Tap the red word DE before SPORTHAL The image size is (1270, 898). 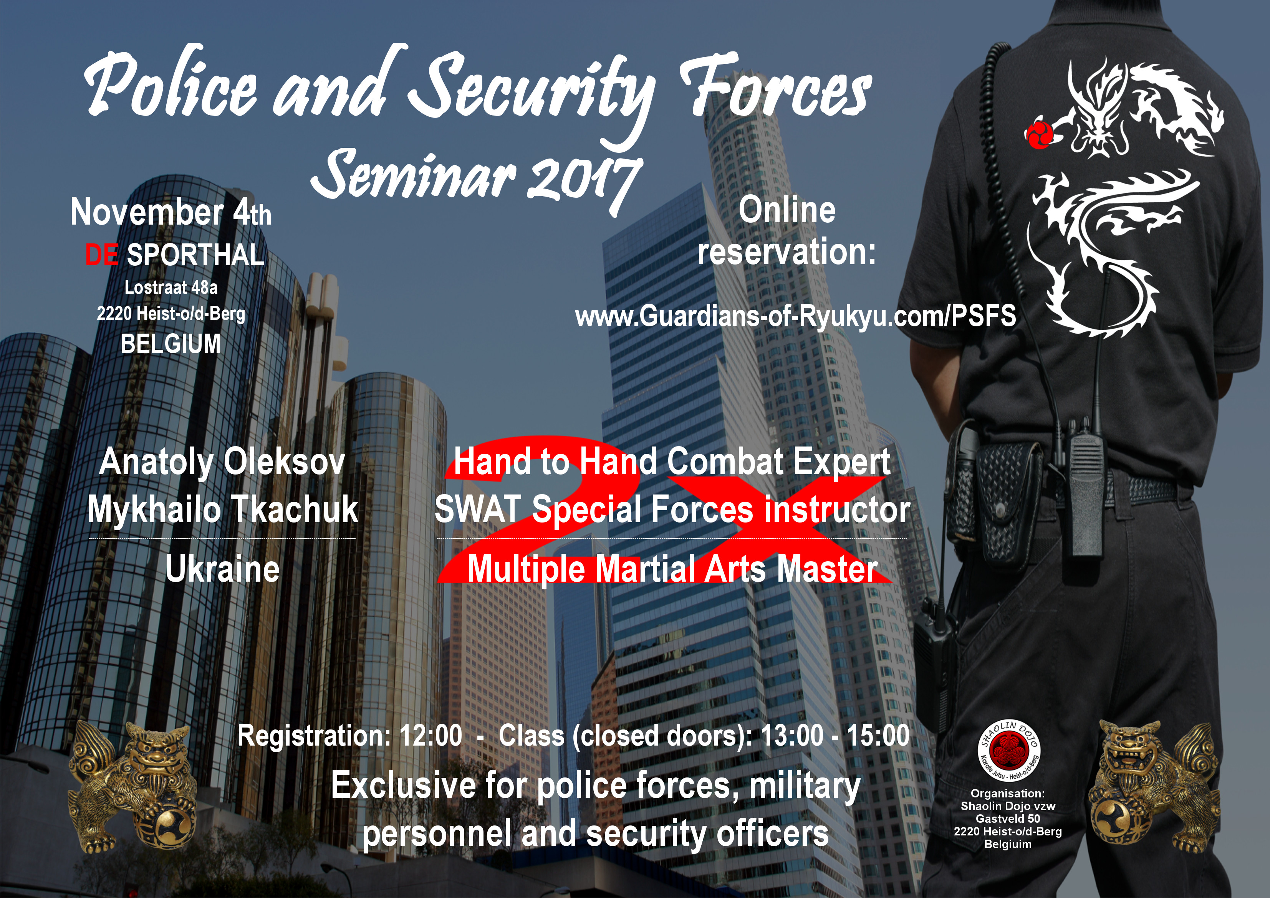[x=101, y=255]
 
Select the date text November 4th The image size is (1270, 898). [x=171, y=212]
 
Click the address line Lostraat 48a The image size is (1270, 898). [x=171, y=288]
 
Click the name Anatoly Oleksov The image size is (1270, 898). [x=222, y=462]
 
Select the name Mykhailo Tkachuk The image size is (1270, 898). [x=222, y=509]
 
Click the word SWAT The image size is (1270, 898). [x=478, y=509]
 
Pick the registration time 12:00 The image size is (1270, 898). [x=431, y=736]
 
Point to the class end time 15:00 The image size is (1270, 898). [x=878, y=736]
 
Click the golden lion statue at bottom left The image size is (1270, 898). [x=133, y=788]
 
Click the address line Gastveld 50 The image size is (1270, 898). [x=1008, y=819]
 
